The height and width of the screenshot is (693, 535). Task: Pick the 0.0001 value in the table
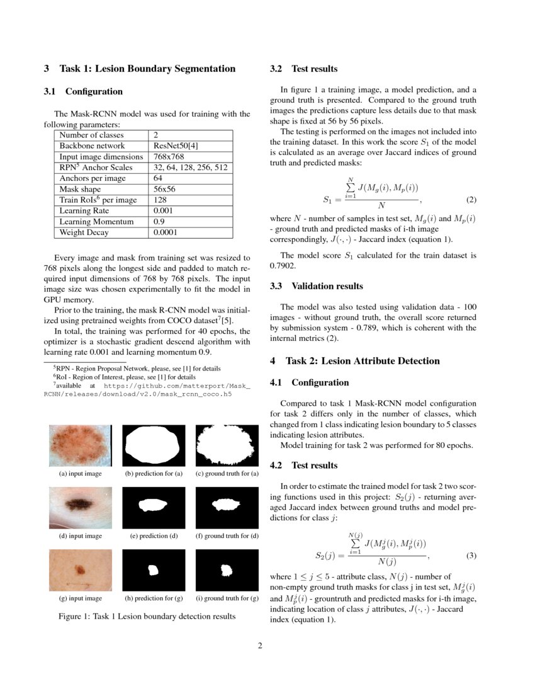pyautogui.click(x=166, y=232)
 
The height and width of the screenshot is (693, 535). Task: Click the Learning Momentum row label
pyautogui.click(x=96, y=222)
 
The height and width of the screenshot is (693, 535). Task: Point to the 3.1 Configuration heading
pyautogui.click(x=83, y=91)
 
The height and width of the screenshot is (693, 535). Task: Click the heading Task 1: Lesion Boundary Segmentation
pyautogui.click(x=140, y=69)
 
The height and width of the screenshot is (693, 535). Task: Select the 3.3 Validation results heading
pyautogui.click(x=316, y=286)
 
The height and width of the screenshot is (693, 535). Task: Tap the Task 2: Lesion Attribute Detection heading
pyautogui.click(x=354, y=361)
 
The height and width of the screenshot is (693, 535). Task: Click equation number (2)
pyautogui.click(x=471, y=200)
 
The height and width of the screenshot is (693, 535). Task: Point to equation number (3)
pyautogui.click(x=471, y=556)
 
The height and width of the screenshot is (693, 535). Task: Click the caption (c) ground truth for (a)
pyautogui.click(x=227, y=474)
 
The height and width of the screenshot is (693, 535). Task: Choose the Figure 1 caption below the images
pyautogui.click(x=147, y=616)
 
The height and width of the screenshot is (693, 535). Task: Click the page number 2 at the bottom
pyautogui.click(x=260, y=646)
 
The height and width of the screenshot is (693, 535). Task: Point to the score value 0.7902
pyautogui.click(x=283, y=266)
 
